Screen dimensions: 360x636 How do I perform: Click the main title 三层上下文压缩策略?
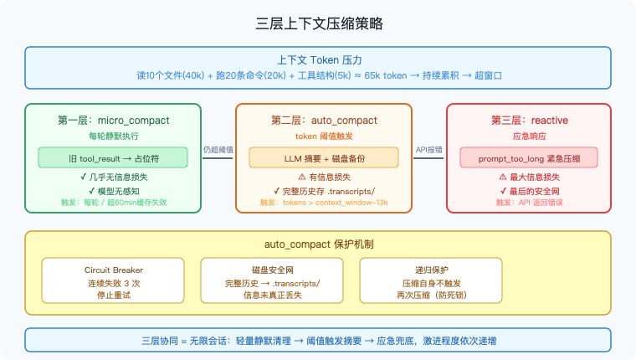pyautogui.click(x=318, y=23)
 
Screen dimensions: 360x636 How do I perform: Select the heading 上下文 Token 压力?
pyautogui.click(x=318, y=60)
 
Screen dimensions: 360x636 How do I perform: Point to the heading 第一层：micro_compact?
pyautogui.click(x=113, y=120)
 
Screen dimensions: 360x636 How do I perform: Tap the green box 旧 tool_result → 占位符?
pyautogui.click(x=113, y=157)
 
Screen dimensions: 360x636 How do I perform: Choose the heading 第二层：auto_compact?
pyautogui.click(x=323, y=120)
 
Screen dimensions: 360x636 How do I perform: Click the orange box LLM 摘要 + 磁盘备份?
pyautogui.click(x=323, y=157)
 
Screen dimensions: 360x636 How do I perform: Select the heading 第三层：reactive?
pyautogui.click(x=534, y=120)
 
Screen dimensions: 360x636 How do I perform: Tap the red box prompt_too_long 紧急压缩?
pyautogui.click(x=534, y=157)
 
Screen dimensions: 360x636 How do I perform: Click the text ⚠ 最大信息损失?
pyautogui.click(x=534, y=177)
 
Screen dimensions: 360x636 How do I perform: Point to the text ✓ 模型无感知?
pyautogui.click(x=113, y=190)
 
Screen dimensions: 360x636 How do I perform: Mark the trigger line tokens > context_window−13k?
pyautogui.click(x=323, y=203)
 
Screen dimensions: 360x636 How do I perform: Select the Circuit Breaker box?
pyautogui.click(x=114, y=282)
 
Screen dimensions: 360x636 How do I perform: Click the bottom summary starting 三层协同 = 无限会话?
pyautogui.click(x=318, y=341)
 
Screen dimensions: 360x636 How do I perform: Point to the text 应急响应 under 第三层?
pyautogui.click(x=534, y=136)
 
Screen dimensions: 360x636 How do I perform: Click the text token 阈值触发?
pyautogui.click(x=323, y=136)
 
